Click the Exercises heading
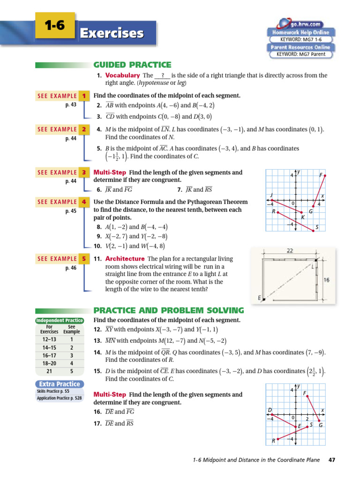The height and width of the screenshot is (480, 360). pos(111,33)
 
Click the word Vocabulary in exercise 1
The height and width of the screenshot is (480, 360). pos(122,75)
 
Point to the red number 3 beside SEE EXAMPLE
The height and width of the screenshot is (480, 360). pos(84,172)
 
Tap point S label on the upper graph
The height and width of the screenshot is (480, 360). pos(317,228)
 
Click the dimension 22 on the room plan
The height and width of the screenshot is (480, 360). pos(290,251)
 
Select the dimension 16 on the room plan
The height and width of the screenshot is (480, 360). pos(326,280)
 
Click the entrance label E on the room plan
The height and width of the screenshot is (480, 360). pos(259,297)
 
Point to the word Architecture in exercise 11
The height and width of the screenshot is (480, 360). pos(125,259)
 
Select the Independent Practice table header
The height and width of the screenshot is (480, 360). pos(60,321)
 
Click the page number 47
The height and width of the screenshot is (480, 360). pos(333,460)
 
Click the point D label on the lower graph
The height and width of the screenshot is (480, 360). pos(270,410)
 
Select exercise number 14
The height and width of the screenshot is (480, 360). pos(97,352)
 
